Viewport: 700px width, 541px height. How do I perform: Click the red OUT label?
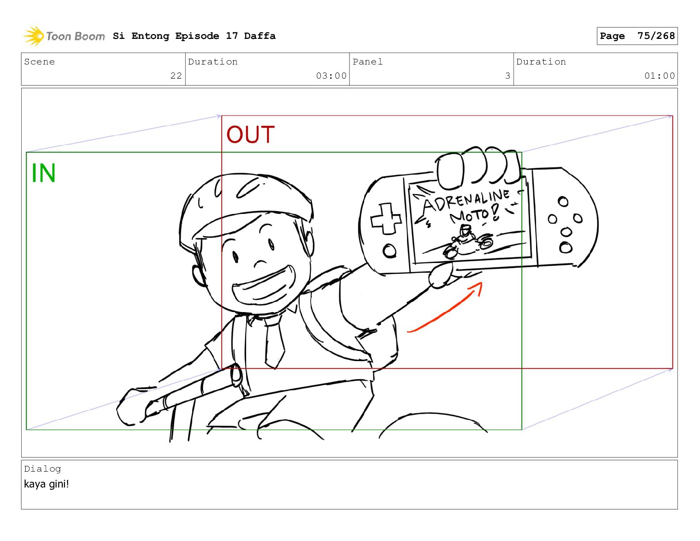pos(250,134)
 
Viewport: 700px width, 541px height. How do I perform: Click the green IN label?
pos(43,173)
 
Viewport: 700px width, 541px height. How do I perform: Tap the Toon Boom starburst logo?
pos(34,36)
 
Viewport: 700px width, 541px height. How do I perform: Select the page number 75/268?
pos(656,36)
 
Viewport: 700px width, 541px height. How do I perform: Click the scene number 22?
pos(176,76)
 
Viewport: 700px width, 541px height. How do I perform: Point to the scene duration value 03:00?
pos(331,76)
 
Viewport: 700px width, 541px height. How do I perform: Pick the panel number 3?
pos(508,76)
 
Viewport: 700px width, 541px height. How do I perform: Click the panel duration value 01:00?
pos(659,76)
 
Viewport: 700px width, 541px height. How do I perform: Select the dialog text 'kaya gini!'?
pos(46,484)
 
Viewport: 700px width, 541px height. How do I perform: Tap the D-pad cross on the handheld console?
pos(386,218)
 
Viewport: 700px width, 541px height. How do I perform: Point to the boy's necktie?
pos(274,342)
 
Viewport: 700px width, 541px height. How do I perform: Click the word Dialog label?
pos(42,469)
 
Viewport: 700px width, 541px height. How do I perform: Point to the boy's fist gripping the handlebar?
pos(133,407)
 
